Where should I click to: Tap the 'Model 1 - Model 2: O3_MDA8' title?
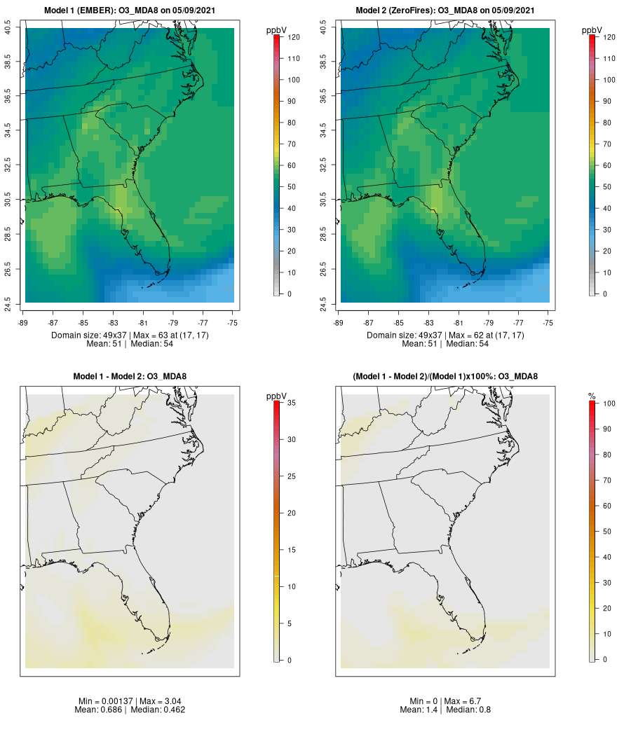click(130, 377)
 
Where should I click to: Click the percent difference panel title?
click(445, 377)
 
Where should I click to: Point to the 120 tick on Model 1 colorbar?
click(294, 37)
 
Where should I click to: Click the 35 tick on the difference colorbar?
click(291, 403)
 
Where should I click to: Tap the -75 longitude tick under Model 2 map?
click(548, 323)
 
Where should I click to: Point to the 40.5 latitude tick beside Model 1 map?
click(8, 29)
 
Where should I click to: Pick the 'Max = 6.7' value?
click(463, 701)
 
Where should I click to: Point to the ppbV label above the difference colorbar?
click(277, 397)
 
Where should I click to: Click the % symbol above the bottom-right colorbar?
click(592, 397)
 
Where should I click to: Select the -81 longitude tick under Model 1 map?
click(143, 323)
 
